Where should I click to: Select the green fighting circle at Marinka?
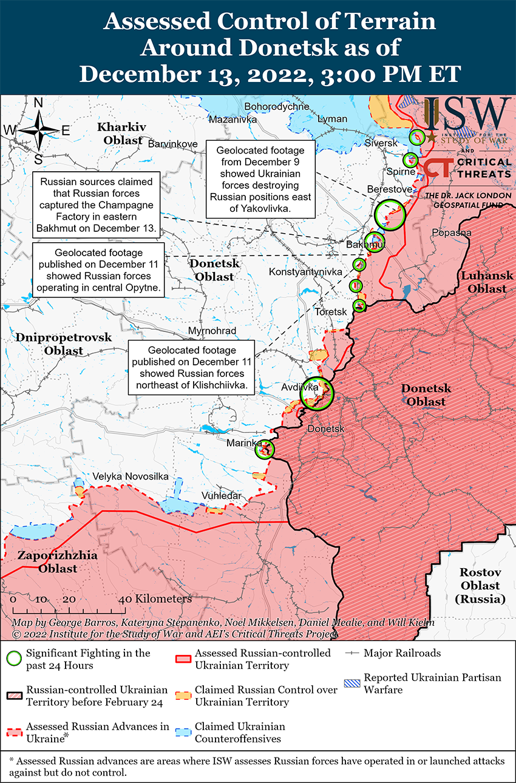pos(266,449)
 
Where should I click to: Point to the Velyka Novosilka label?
pos(130,476)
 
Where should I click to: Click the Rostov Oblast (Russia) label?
pos(480,586)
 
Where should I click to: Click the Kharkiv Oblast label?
pos(122,134)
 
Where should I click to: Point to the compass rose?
pos(38,130)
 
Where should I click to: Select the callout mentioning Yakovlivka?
pos(260,179)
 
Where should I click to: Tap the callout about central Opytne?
pos(98,271)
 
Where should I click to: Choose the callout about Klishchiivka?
pos(192,368)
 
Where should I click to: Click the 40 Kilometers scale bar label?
pos(157,599)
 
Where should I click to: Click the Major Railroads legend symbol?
pos(352,654)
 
